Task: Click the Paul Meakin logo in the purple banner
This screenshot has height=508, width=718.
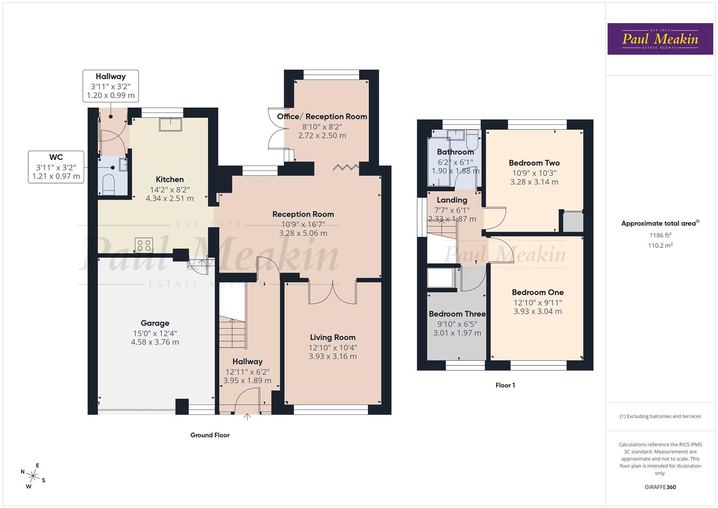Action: pyautogui.click(x=660, y=39)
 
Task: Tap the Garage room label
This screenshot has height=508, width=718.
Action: pyautogui.click(x=155, y=323)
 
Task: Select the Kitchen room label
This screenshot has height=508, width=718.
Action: pyautogui.click(x=170, y=179)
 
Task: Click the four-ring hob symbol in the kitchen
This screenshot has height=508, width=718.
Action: pyautogui.click(x=144, y=245)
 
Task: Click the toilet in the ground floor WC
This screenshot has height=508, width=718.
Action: pyautogui.click(x=108, y=185)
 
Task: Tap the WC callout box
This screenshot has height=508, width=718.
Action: pyautogui.click(x=56, y=167)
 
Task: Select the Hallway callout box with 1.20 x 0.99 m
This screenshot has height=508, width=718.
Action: pyautogui.click(x=110, y=86)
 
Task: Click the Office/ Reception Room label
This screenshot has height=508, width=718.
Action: pyautogui.click(x=322, y=117)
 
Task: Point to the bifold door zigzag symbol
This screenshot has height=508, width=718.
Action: pyautogui.click(x=346, y=167)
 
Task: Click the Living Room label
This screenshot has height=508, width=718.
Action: pyautogui.click(x=332, y=337)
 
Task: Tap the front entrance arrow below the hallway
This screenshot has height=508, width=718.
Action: pyautogui.click(x=247, y=416)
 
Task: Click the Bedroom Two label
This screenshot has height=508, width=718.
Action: pyautogui.click(x=534, y=163)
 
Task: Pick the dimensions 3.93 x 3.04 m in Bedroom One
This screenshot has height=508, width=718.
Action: pyautogui.click(x=537, y=311)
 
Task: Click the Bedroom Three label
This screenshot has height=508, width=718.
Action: pyautogui.click(x=457, y=314)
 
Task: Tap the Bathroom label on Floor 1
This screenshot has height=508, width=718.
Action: pyautogui.click(x=455, y=152)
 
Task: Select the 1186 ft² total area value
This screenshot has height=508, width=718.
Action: pyautogui.click(x=660, y=235)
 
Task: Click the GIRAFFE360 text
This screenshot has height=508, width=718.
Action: pyautogui.click(x=660, y=487)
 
